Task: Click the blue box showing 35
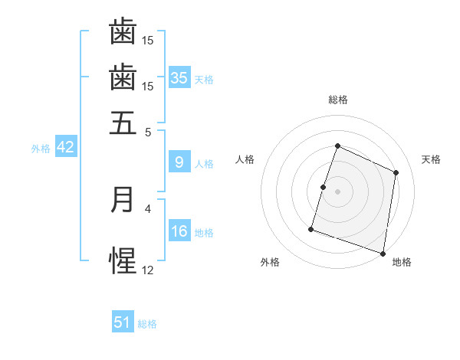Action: [x=179, y=77]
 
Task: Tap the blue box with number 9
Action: [x=179, y=162]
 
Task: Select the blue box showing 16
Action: [x=179, y=231]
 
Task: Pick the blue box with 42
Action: [x=65, y=147]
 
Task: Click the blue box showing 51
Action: [x=123, y=322]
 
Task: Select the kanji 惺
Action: [x=123, y=260]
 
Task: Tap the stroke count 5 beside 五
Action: [x=149, y=132]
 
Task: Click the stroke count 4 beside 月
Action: [x=149, y=208]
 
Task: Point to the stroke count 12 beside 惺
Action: [x=148, y=270]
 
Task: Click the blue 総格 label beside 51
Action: [x=147, y=324]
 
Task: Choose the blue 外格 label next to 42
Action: [x=41, y=149]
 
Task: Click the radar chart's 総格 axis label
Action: [x=338, y=100]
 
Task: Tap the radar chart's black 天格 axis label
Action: [x=432, y=159]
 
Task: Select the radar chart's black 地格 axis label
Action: [x=402, y=263]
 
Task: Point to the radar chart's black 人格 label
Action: [x=245, y=159]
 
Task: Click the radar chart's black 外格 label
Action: [x=270, y=263]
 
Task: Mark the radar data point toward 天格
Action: [x=396, y=172]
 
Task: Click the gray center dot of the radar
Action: [x=338, y=191]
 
